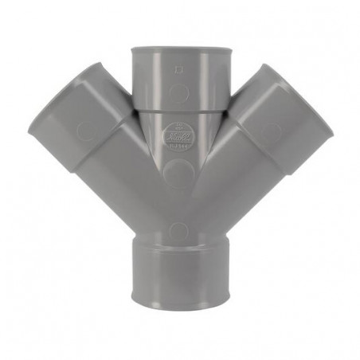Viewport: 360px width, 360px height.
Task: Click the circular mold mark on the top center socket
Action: [181, 92]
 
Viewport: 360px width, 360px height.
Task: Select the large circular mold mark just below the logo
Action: [179, 178]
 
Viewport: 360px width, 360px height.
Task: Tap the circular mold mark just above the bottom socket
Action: [179, 232]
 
